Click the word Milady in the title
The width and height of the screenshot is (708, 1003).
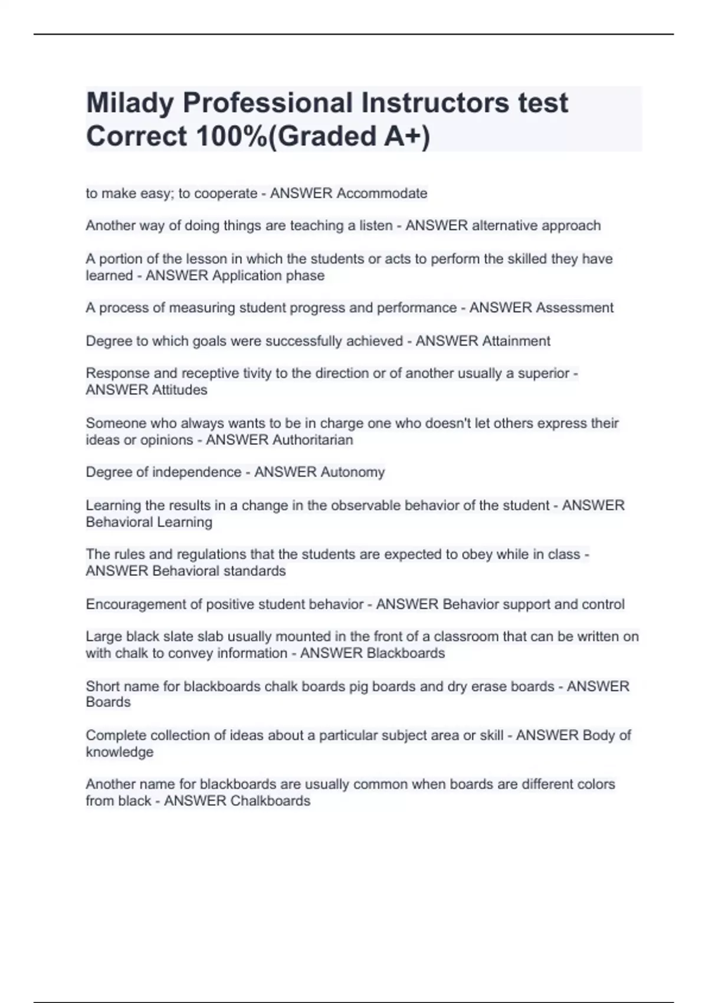(x=129, y=103)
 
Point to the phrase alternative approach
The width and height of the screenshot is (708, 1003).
(x=536, y=225)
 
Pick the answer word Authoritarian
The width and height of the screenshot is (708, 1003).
(x=313, y=440)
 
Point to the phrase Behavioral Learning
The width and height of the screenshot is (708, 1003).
(x=149, y=522)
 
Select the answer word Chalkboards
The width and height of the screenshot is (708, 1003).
(x=270, y=801)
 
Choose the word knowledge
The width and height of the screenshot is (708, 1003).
(x=119, y=752)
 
